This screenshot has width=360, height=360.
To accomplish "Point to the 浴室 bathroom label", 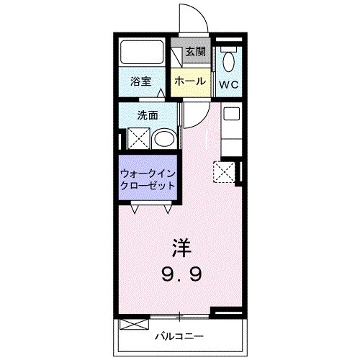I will tap(140, 81).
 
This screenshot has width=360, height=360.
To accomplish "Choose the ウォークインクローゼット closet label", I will tap(148, 179).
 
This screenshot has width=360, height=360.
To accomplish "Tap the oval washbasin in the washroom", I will tap(165, 138).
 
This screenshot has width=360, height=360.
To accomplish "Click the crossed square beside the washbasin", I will tap(138, 137).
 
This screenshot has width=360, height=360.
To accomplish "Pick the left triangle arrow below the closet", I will tap(135, 209).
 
